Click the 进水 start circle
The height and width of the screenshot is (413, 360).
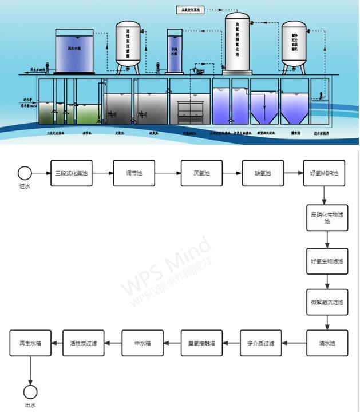(25, 173)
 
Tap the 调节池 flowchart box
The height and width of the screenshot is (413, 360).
(134, 173)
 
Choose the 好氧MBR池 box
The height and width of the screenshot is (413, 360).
(324, 173)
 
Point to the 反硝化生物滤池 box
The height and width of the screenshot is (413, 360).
(327, 218)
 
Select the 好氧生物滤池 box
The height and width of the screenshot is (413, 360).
(327, 261)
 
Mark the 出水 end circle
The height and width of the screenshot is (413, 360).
(30, 392)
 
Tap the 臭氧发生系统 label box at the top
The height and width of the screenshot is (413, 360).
(190, 10)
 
